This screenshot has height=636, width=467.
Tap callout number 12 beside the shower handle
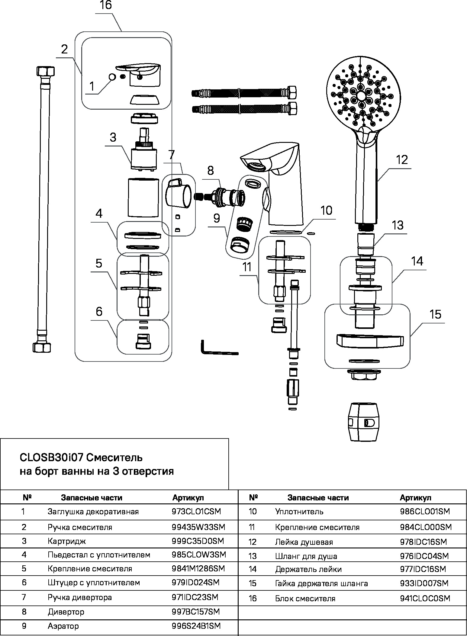coord(402,160)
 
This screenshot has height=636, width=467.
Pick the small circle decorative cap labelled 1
coord(112,77)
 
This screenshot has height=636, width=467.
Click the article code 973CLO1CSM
coord(197,512)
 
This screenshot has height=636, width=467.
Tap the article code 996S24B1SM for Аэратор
coord(196,626)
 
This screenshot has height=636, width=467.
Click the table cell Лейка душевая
coord(304,542)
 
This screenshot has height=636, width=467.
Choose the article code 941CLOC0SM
coord(425,598)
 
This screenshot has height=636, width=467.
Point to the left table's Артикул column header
coord(188,497)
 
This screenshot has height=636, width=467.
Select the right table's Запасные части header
coord(318,497)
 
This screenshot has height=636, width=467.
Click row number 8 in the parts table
coord(24,612)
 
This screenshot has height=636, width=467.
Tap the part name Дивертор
coord(66,612)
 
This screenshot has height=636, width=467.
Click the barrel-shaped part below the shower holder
coord(362,422)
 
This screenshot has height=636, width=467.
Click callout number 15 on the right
coord(435,315)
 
